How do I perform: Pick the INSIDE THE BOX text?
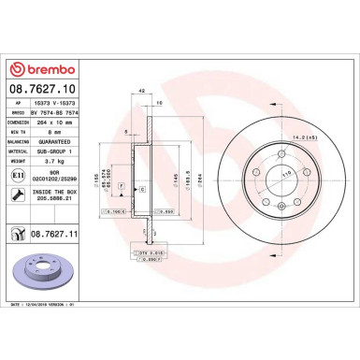pyautogui.click(x=73, y=192)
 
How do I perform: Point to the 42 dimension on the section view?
pyautogui.click(x=141, y=90)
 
